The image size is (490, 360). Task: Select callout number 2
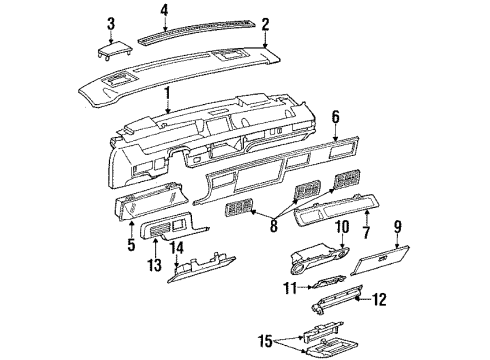265,23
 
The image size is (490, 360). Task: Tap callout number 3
111,23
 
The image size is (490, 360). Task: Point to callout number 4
163,11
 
